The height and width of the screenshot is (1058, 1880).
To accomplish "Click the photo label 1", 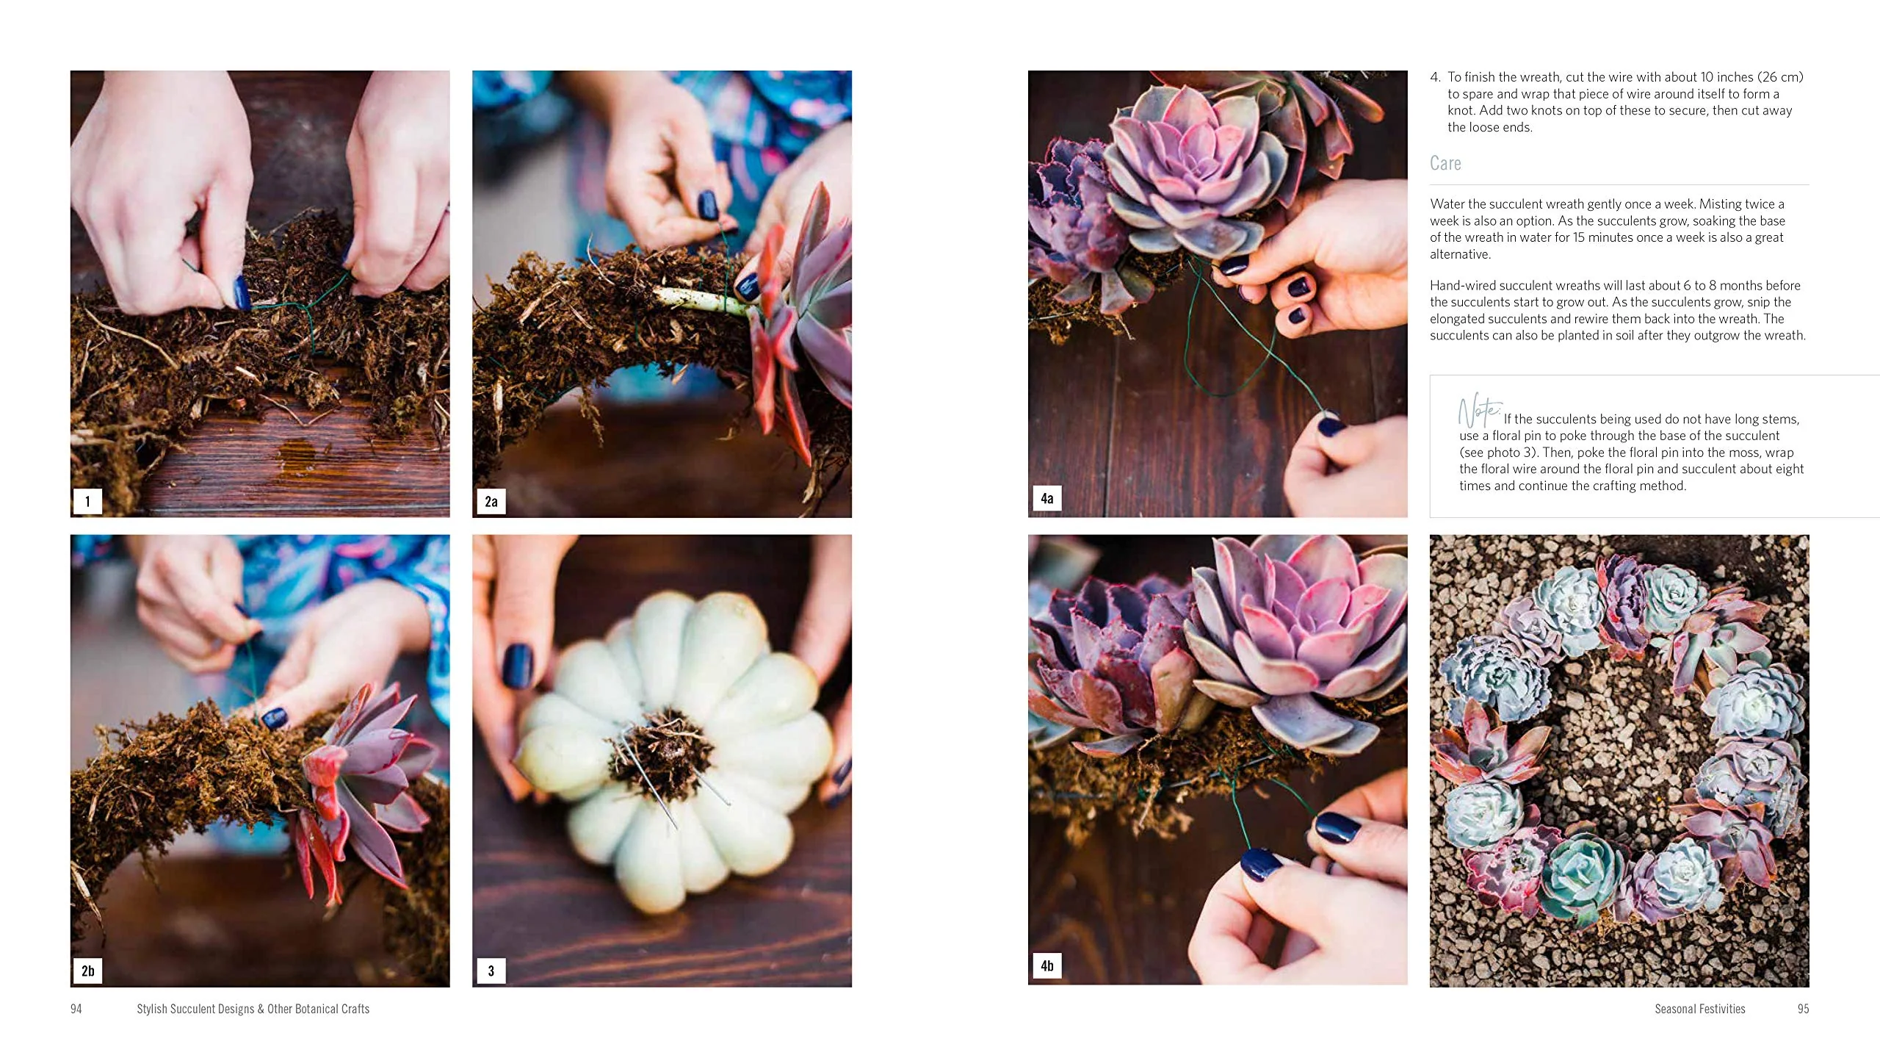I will pyautogui.click(x=87, y=502).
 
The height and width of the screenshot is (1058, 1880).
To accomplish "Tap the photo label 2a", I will pyautogui.click(x=491, y=502).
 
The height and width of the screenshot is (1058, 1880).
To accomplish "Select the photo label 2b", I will pyautogui.click(x=87, y=971).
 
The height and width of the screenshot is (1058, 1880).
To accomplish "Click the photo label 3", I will pyautogui.click(x=491, y=971).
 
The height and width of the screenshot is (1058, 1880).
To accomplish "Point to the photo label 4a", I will pyautogui.click(x=1047, y=498).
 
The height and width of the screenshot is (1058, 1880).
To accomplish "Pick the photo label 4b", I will pyautogui.click(x=1047, y=965).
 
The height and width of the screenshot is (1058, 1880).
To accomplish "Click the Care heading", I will pyautogui.click(x=1445, y=163).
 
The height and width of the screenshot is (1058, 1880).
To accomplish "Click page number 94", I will pyautogui.click(x=76, y=1009).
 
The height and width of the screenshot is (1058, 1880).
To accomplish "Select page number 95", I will pyautogui.click(x=1803, y=1009).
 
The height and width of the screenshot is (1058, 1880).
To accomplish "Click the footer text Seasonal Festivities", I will pyautogui.click(x=1699, y=1009).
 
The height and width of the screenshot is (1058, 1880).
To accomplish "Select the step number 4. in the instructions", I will pyautogui.click(x=1436, y=77).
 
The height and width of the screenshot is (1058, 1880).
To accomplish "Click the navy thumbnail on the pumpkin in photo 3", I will pyautogui.click(x=518, y=666).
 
